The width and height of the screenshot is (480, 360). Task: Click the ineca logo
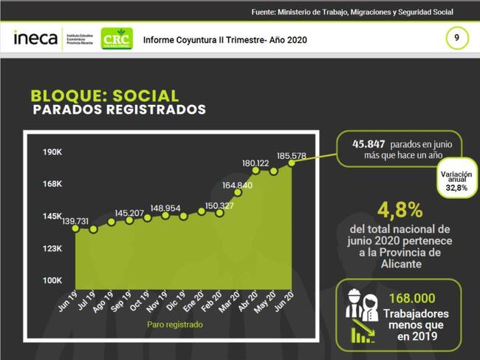[x=35, y=38]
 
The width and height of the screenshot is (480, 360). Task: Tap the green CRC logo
[x=117, y=38]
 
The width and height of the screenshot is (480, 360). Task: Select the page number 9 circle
[x=457, y=37]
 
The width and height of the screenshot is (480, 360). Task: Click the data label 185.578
[x=292, y=156]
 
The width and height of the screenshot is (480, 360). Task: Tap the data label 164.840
[x=237, y=185]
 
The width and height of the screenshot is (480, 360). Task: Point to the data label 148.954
[x=165, y=208]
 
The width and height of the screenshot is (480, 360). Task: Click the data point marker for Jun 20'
[x=292, y=163]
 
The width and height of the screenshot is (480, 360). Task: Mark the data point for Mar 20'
[x=238, y=194]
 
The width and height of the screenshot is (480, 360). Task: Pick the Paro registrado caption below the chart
[x=174, y=324]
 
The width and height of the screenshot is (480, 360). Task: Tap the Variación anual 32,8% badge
[x=456, y=182]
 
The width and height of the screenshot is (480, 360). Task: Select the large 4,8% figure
[x=400, y=209]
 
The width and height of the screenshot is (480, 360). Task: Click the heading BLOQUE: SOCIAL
[x=104, y=96]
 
